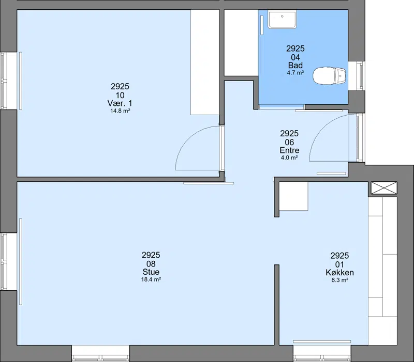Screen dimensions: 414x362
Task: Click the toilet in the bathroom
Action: (329, 76)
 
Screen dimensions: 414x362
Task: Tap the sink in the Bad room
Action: (282, 19)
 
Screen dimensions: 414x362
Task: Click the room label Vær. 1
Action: (120, 103)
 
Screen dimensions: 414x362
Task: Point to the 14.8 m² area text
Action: (120, 111)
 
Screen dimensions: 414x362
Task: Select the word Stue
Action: (151, 272)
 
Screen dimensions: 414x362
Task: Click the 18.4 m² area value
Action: (151, 279)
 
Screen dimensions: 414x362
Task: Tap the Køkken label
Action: (340, 272)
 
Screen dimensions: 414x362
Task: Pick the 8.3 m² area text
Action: (340, 280)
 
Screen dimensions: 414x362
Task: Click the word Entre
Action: (289, 150)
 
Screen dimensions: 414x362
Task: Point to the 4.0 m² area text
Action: (289, 158)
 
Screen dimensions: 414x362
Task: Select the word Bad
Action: (295, 65)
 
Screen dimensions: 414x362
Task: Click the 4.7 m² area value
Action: (295, 73)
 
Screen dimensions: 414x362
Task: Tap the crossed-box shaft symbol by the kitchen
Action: (384, 188)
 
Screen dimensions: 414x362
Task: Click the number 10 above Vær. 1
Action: (120, 95)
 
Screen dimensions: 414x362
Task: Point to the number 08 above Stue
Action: (151, 264)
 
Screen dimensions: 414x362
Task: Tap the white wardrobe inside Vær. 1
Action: (205, 62)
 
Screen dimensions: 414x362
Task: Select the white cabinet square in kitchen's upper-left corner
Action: (293, 196)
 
